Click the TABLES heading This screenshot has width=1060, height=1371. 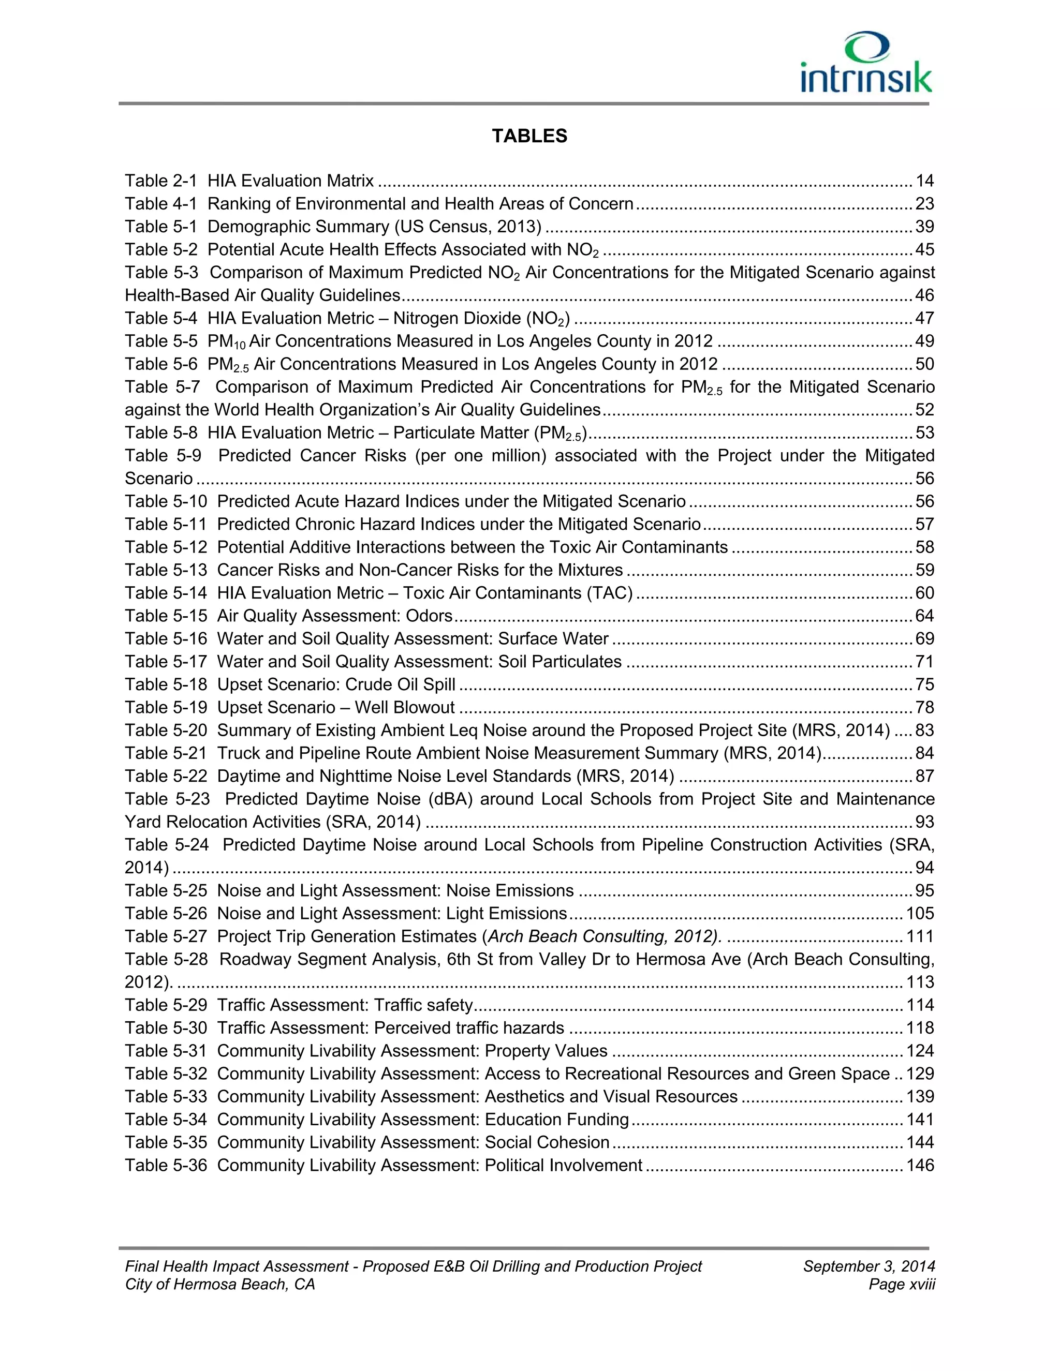point(529,136)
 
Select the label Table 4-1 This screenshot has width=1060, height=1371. point(161,204)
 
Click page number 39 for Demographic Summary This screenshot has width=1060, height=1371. point(924,227)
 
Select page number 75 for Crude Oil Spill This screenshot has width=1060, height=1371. point(924,685)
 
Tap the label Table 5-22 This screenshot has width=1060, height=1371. point(166,777)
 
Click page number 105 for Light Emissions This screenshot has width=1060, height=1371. point(920,913)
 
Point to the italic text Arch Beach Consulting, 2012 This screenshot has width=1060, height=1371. point(603,936)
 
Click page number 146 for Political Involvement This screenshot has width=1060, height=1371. point(920,1166)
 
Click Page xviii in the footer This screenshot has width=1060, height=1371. point(902,1285)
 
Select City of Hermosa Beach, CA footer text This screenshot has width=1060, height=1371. point(220,1285)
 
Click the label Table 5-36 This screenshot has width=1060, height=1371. point(166,1166)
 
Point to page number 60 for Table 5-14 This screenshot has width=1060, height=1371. point(924,593)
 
